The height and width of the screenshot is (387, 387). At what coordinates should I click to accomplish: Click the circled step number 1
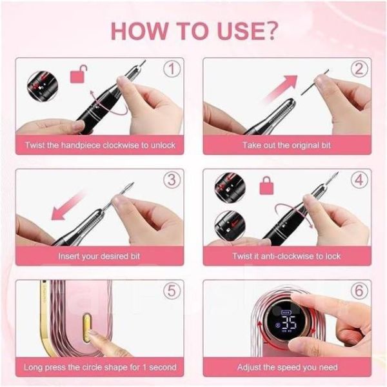click(x=172, y=69)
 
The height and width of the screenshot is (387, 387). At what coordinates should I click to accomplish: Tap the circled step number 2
click(x=359, y=69)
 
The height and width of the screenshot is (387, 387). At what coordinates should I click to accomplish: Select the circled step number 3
click(x=172, y=180)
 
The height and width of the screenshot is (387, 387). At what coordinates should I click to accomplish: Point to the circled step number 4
click(x=359, y=180)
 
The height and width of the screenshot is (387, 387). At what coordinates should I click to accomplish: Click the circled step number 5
click(x=172, y=291)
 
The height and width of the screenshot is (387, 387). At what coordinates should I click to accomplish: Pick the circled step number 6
click(x=359, y=291)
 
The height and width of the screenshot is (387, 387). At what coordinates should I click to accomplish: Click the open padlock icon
click(x=79, y=74)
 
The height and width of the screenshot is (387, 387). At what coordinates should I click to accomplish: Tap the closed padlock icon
click(x=266, y=185)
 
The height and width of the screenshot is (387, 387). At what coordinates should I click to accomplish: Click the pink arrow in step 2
click(x=280, y=88)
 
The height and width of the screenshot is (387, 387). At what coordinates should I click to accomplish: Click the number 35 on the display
click(x=289, y=323)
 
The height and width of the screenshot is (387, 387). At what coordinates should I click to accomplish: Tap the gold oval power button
click(x=86, y=328)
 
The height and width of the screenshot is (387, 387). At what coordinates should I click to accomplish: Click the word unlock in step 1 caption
click(x=163, y=145)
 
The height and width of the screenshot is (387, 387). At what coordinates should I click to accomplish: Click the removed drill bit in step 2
click(x=315, y=82)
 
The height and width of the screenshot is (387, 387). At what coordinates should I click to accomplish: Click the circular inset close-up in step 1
click(x=43, y=86)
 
